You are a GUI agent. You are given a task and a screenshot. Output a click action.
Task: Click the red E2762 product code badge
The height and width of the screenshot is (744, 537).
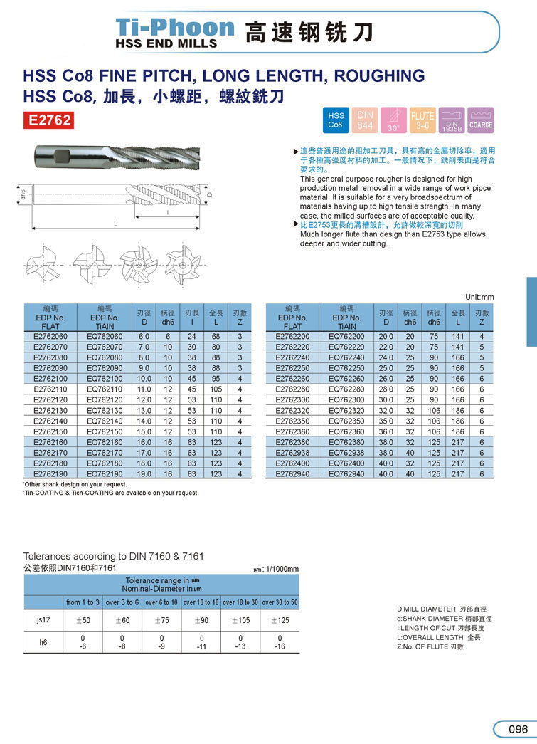point(49,120)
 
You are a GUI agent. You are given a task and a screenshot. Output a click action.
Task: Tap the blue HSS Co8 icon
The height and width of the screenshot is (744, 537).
point(335,120)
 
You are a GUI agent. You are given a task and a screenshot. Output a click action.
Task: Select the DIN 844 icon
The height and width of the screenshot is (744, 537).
point(365,120)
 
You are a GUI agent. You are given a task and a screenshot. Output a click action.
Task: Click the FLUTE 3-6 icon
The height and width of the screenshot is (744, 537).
point(422,120)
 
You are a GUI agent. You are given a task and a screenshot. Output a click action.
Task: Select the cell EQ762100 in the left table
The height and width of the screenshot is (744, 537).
point(105,379)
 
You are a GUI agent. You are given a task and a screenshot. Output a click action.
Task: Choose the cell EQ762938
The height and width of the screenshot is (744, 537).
point(346,452)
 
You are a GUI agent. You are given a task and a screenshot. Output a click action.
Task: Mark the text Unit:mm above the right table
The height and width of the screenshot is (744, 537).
point(479,296)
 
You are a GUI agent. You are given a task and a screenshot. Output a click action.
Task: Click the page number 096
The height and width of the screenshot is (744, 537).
point(517,729)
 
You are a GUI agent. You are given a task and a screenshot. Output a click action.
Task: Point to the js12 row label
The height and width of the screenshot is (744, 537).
point(43,620)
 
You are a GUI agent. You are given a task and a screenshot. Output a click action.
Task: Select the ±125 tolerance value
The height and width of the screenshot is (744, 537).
point(280,620)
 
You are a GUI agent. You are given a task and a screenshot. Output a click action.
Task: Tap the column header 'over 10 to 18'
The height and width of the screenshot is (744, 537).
point(201,602)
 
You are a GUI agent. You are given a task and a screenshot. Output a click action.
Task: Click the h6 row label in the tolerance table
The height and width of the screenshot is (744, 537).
point(43,642)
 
